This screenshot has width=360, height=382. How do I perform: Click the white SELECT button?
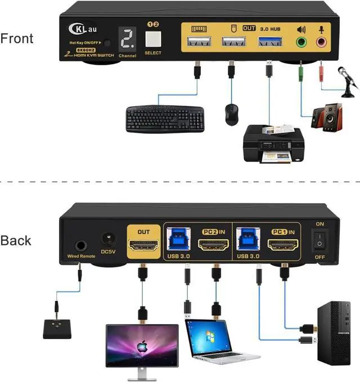point(152,39)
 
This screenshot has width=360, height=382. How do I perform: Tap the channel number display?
point(127,38)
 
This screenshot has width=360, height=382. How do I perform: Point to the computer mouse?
point(231,114)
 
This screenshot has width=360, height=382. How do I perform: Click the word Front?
point(17,38)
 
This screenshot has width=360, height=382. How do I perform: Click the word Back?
point(16,240)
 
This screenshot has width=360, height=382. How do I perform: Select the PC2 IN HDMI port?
point(214,245)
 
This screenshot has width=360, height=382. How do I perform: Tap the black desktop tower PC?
point(333,331)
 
